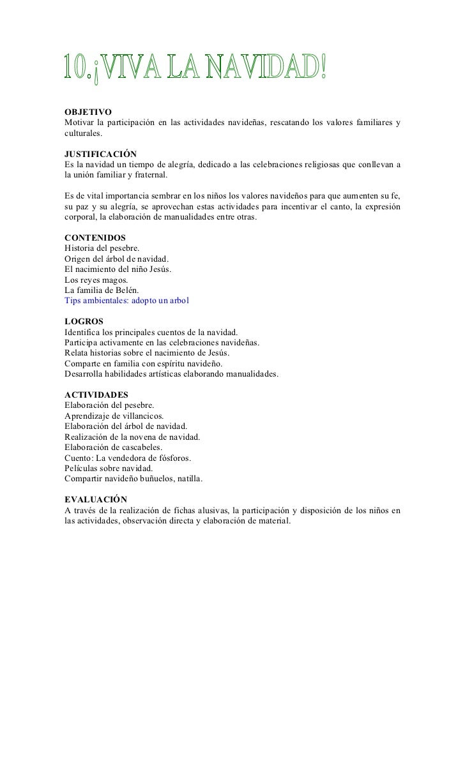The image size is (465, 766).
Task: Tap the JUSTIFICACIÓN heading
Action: (100, 154)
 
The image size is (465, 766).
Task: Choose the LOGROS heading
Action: (84, 320)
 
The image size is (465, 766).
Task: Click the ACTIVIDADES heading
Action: (96, 395)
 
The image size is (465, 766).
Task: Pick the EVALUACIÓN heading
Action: (96, 499)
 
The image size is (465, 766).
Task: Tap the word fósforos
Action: (175, 458)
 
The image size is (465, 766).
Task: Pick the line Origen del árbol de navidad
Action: (117, 259)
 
